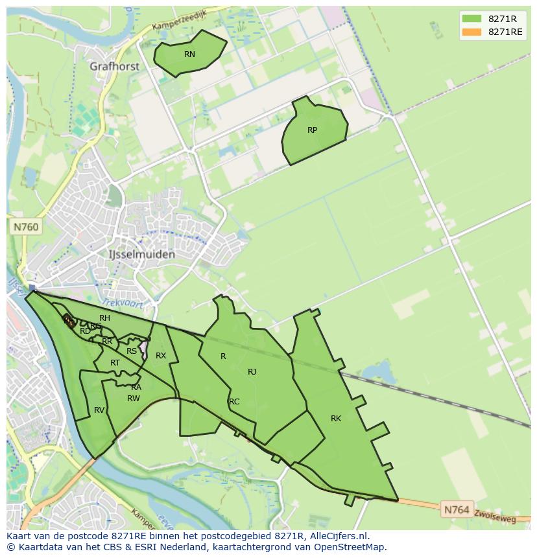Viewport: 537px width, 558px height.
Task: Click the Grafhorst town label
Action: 115,66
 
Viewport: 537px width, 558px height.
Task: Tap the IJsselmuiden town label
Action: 142,255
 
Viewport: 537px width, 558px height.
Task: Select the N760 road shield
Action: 25,227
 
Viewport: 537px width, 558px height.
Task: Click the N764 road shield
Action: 457,510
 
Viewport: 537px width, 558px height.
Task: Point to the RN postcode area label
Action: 189,54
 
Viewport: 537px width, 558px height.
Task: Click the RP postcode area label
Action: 312,130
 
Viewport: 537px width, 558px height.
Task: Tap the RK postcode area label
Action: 336,419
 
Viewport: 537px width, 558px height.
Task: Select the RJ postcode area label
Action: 252,372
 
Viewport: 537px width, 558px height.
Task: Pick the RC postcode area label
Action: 234,402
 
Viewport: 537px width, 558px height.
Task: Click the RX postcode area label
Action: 161,356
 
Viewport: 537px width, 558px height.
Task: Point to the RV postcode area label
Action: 99,410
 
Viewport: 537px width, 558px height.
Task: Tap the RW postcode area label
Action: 134,399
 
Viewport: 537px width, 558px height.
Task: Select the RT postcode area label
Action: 115,363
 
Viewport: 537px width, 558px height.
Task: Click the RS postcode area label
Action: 132,351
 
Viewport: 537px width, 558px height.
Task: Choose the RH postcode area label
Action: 104,318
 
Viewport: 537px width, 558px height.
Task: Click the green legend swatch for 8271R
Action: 471,19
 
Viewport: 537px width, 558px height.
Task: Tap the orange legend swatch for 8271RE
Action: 471,32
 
